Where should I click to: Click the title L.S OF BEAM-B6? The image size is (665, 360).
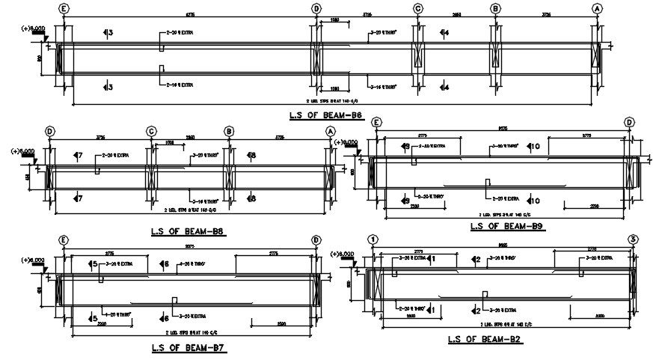325,115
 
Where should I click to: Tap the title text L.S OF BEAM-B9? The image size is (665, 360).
506,225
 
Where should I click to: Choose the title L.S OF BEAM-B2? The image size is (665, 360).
484,339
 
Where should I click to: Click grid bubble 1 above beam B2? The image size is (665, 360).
372,240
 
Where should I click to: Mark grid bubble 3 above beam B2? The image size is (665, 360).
633,240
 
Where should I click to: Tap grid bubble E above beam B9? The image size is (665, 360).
376,122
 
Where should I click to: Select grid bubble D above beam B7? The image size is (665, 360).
316,240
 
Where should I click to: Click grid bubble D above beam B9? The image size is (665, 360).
629,122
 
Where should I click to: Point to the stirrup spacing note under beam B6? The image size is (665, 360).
327,100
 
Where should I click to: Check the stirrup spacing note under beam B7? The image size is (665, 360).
190,332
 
